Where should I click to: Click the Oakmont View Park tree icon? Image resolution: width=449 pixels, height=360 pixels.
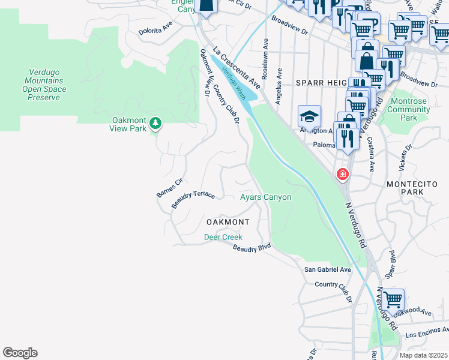[156, 123]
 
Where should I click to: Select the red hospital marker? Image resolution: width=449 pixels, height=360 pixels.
[342, 175]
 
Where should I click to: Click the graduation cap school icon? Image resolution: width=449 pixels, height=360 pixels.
[309, 116]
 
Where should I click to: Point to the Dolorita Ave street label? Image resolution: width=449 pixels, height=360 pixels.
[155, 26]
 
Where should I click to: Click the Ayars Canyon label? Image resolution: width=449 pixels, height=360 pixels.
[265, 197]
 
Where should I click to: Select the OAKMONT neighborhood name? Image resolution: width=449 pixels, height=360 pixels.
[228, 222]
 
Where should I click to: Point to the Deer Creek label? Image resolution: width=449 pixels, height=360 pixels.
[223, 237]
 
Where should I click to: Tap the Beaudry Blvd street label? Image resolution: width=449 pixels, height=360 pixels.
[252, 248]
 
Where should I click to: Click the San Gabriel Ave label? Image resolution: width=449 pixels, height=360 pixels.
[327, 270]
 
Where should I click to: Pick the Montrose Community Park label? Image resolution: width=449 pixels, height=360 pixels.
[409, 110]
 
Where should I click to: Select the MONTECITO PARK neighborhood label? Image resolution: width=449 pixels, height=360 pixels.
[413, 187]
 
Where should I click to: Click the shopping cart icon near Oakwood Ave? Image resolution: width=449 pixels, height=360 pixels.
[393, 299]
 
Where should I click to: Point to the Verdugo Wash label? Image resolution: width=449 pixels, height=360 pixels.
[234, 82]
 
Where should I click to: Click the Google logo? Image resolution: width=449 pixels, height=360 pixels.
[20, 353]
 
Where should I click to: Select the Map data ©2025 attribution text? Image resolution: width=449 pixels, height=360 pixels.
[423, 355]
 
